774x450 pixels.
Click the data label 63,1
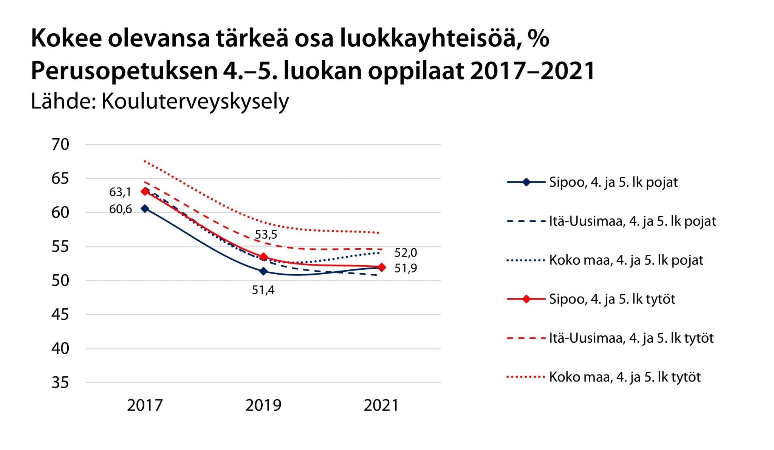click(120, 192)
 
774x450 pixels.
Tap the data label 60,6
click(120, 209)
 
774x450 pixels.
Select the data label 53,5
click(266, 235)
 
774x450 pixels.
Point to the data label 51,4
click(263, 290)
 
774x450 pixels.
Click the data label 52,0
click(406, 253)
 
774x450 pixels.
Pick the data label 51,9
click(406, 268)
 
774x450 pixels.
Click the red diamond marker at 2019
click(263, 257)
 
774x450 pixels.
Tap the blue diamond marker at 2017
click(145, 209)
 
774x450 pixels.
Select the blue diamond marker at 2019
click(263, 271)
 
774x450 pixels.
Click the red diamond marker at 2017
click(145, 192)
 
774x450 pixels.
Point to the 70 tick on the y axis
click(60, 145)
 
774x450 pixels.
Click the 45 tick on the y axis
click(60, 315)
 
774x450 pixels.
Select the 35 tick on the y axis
click(60, 383)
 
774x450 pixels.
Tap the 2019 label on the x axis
click(263, 405)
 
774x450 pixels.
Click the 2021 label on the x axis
click(381, 405)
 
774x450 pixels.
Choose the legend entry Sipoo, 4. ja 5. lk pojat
click(613, 182)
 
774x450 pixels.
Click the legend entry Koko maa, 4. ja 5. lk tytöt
click(624, 377)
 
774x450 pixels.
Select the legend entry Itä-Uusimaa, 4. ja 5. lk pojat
click(632, 221)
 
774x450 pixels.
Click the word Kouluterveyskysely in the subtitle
click(195, 102)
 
